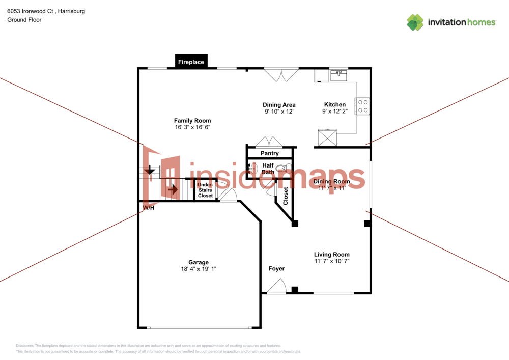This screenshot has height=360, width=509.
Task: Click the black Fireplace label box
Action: pos(191,62)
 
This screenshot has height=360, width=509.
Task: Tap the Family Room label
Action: pos(192,121)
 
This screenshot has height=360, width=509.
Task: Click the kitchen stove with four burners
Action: pos(363,106)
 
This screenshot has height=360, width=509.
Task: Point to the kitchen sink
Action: pos(338,76)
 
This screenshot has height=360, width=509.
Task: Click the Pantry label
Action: pos(269,153)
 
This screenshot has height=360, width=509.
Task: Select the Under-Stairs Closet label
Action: pos(205,190)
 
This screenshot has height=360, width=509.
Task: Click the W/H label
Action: pos(149,208)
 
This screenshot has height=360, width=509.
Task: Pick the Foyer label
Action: pos(276,268)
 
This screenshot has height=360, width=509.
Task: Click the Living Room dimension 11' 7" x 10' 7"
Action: pos(331,261)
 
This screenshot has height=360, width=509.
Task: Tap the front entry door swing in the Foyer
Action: pos(276,288)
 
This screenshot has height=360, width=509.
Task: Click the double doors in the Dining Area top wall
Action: pos(281,75)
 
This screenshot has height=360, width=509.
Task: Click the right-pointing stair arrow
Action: pos(173,190)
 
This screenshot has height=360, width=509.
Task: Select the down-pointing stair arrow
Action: pos(150,170)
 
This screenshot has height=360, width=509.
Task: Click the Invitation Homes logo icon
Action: pos(415,22)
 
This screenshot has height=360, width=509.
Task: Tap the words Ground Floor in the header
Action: pos(24,20)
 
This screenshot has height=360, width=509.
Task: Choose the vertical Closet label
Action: pos(286,196)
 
